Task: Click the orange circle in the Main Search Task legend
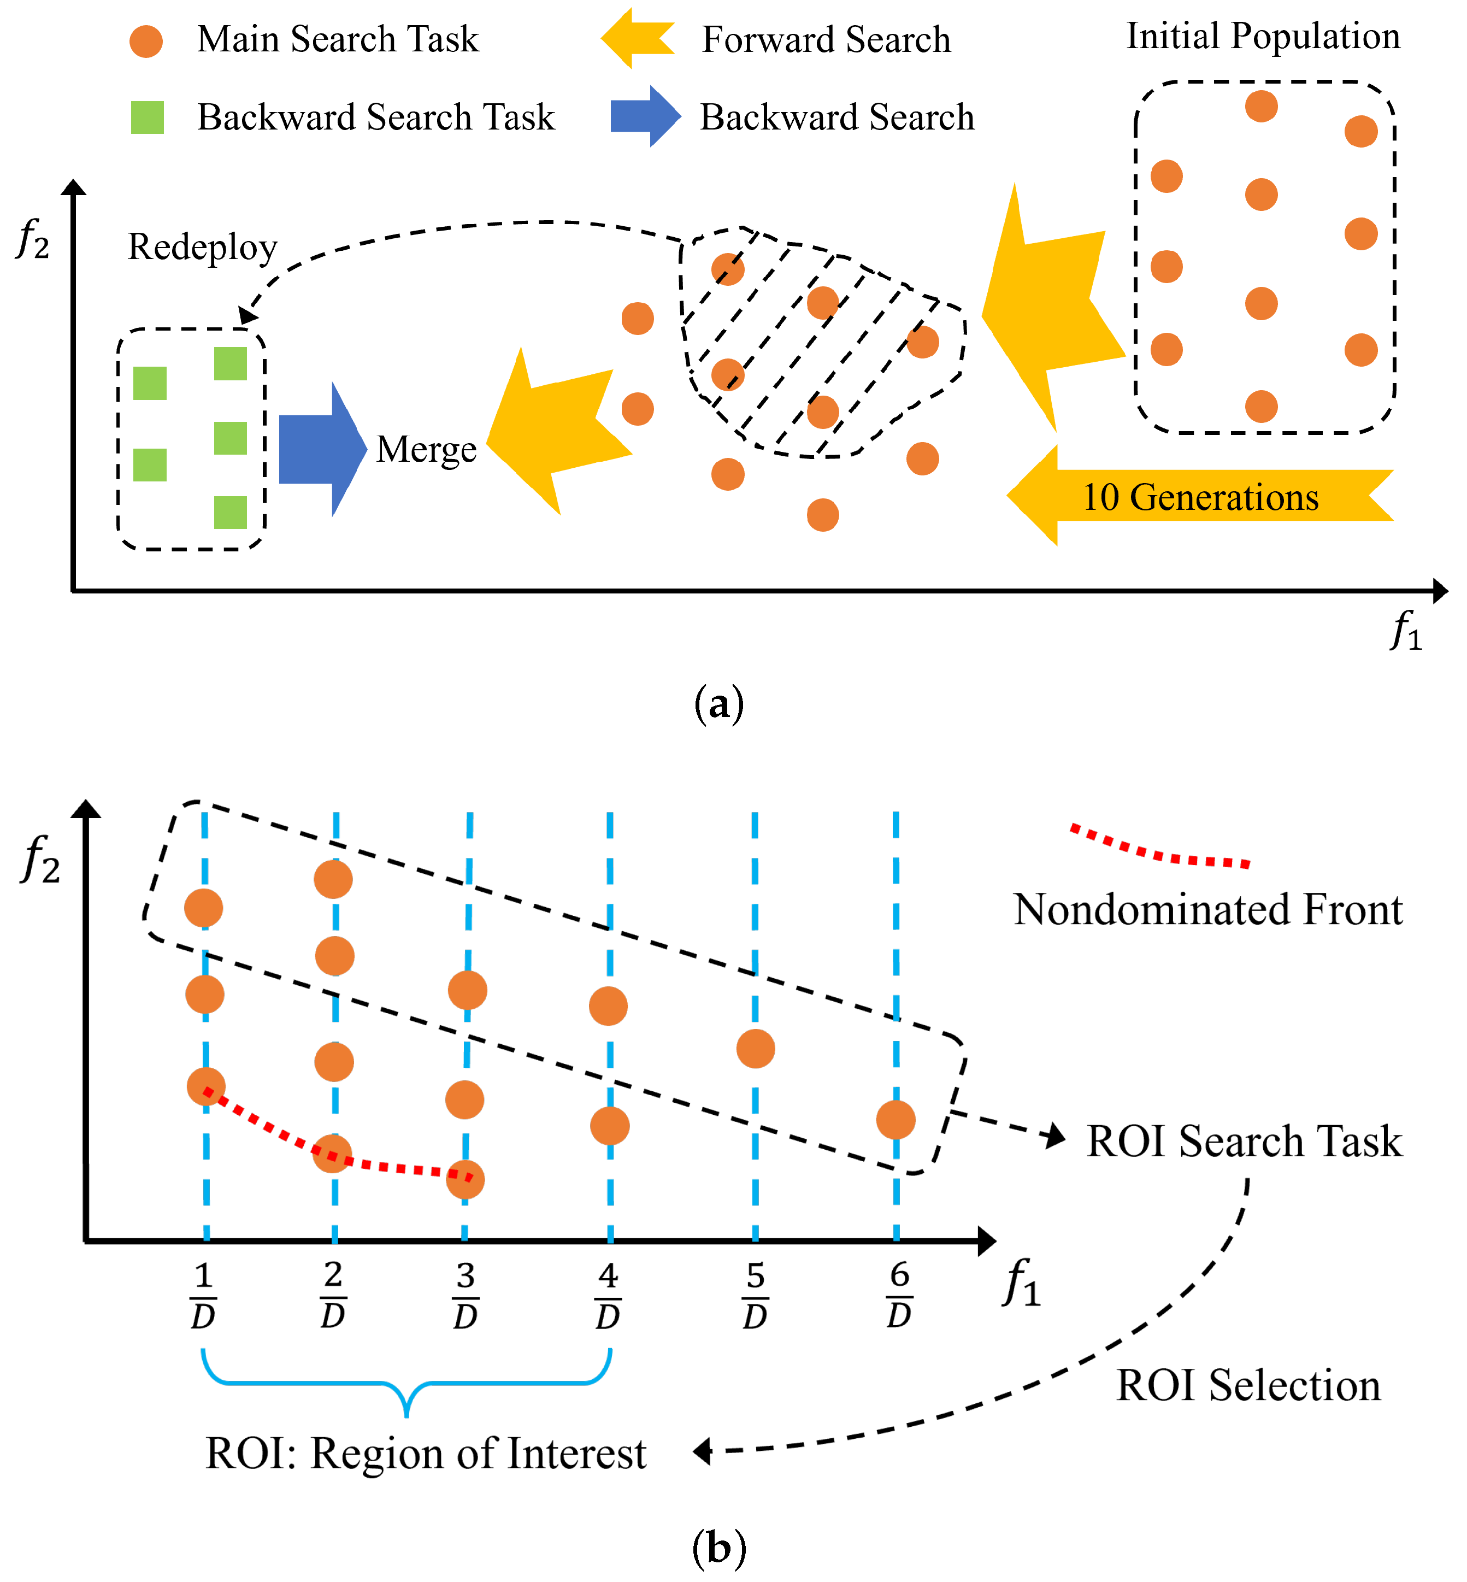pyautogui.click(x=147, y=40)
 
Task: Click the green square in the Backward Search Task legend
pyautogui.click(x=148, y=117)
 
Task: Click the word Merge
pyautogui.click(x=426, y=449)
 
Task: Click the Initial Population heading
pyautogui.click(x=1262, y=37)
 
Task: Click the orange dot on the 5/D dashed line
pyautogui.click(x=755, y=1049)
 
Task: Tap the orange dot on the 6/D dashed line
pyautogui.click(x=895, y=1120)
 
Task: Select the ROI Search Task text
pyautogui.click(x=1243, y=1142)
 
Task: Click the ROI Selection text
pyautogui.click(x=1248, y=1386)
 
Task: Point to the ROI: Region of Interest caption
pyautogui.click(x=426, y=1454)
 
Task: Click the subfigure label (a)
pyautogui.click(x=718, y=704)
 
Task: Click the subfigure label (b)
pyautogui.click(x=718, y=1547)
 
